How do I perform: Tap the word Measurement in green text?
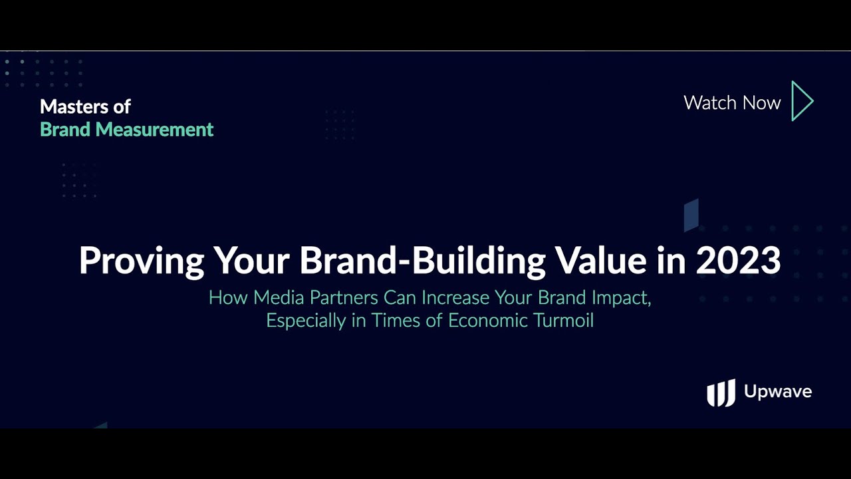[x=154, y=129]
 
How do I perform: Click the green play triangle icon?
[x=802, y=101]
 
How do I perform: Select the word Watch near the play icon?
[x=710, y=102]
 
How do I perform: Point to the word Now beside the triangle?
[x=761, y=102]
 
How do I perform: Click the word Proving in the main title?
[x=142, y=261]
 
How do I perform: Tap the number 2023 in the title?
[x=738, y=260]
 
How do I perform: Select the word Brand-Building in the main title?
[x=422, y=261]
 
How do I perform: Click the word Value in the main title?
[x=600, y=260]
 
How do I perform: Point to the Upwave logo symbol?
[x=721, y=393]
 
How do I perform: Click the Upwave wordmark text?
[x=778, y=392]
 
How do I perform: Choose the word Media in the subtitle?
[x=279, y=297]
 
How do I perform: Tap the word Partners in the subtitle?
[x=344, y=297]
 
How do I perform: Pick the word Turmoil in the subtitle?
[x=563, y=320]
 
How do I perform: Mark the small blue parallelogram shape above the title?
[x=691, y=215]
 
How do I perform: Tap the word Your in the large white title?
[x=251, y=260]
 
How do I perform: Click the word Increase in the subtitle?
[x=455, y=297]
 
